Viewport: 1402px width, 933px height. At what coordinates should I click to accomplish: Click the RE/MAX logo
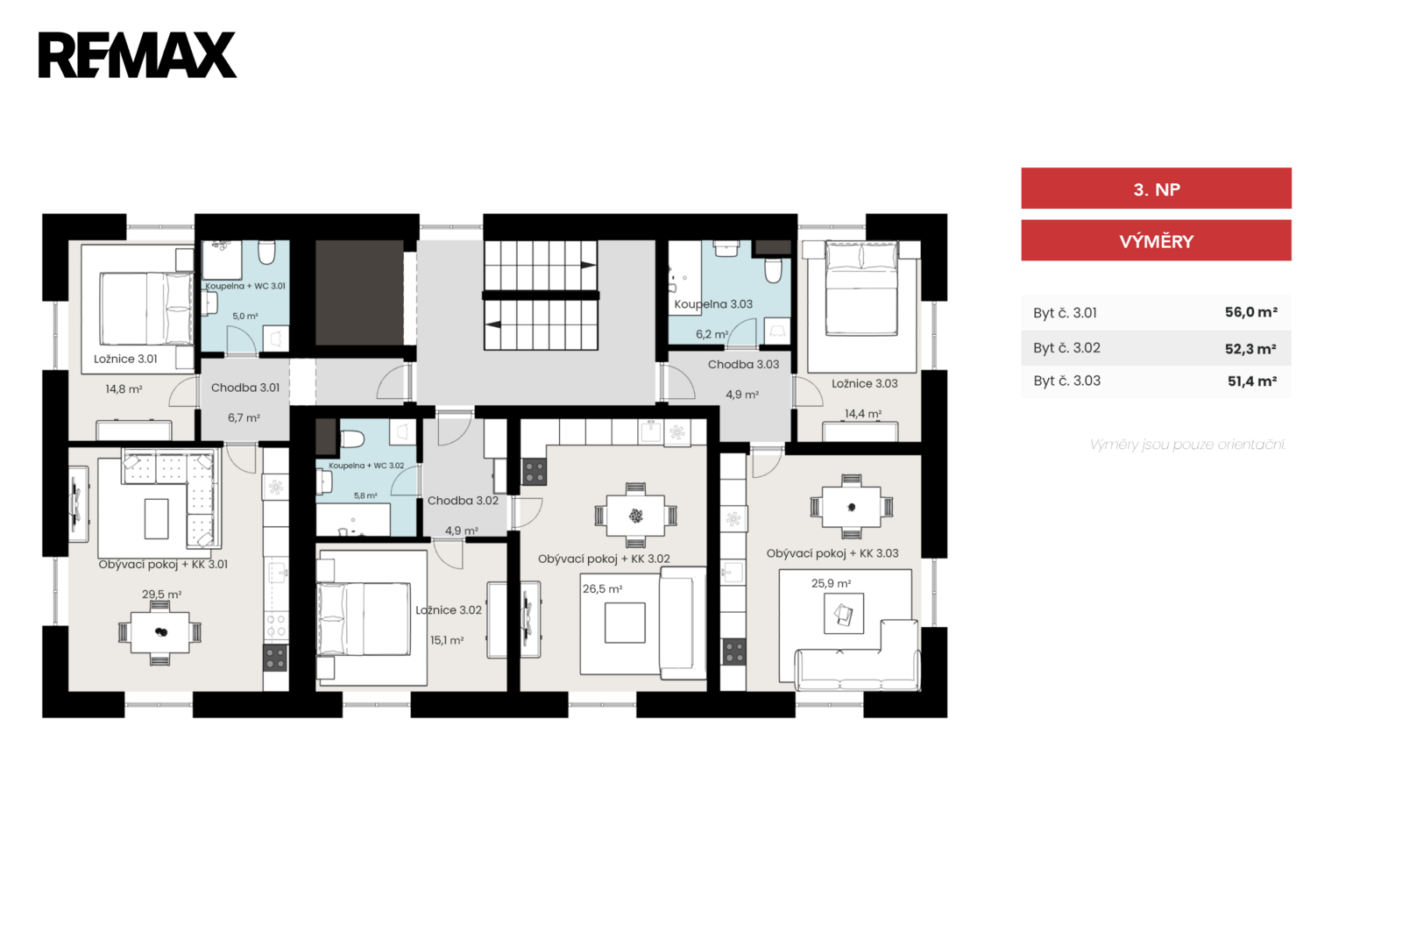pyautogui.click(x=137, y=55)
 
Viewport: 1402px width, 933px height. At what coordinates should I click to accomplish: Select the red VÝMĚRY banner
pyautogui.click(x=1156, y=240)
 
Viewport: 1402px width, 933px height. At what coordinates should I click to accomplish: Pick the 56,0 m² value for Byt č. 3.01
pyautogui.click(x=1250, y=312)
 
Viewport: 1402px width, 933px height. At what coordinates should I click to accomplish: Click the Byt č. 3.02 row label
pyautogui.click(x=1066, y=347)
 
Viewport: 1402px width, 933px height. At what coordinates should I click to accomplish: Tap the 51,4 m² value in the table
pyautogui.click(x=1252, y=381)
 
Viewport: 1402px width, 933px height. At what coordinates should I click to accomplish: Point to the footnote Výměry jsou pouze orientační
pyautogui.click(x=1187, y=445)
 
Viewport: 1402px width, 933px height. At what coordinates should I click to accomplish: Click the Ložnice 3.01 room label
pyautogui.click(x=125, y=359)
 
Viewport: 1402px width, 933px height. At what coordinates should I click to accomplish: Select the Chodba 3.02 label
pyautogui.click(x=463, y=501)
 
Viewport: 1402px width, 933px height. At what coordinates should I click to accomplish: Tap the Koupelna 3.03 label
pyautogui.click(x=713, y=304)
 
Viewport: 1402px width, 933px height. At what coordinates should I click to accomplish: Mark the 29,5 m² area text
pyautogui.click(x=161, y=594)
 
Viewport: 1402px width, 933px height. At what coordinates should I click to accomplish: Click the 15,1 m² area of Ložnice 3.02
pyautogui.click(x=446, y=641)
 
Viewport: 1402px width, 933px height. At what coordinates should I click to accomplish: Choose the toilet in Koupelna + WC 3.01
pyautogui.click(x=267, y=253)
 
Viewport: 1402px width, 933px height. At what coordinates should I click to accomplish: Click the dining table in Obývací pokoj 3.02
pyautogui.click(x=635, y=516)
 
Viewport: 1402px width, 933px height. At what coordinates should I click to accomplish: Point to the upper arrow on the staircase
pyautogui.click(x=588, y=265)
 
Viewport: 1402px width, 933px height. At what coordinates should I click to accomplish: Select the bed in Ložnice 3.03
pyautogui.click(x=861, y=288)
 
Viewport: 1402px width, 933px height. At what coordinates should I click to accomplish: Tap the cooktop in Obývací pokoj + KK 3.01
pyautogui.click(x=275, y=659)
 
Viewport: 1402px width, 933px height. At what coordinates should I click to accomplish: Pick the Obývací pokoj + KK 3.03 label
pyautogui.click(x=832, y=553)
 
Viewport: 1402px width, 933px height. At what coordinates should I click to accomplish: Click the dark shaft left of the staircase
pyautogui.click(x=359, y=292)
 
